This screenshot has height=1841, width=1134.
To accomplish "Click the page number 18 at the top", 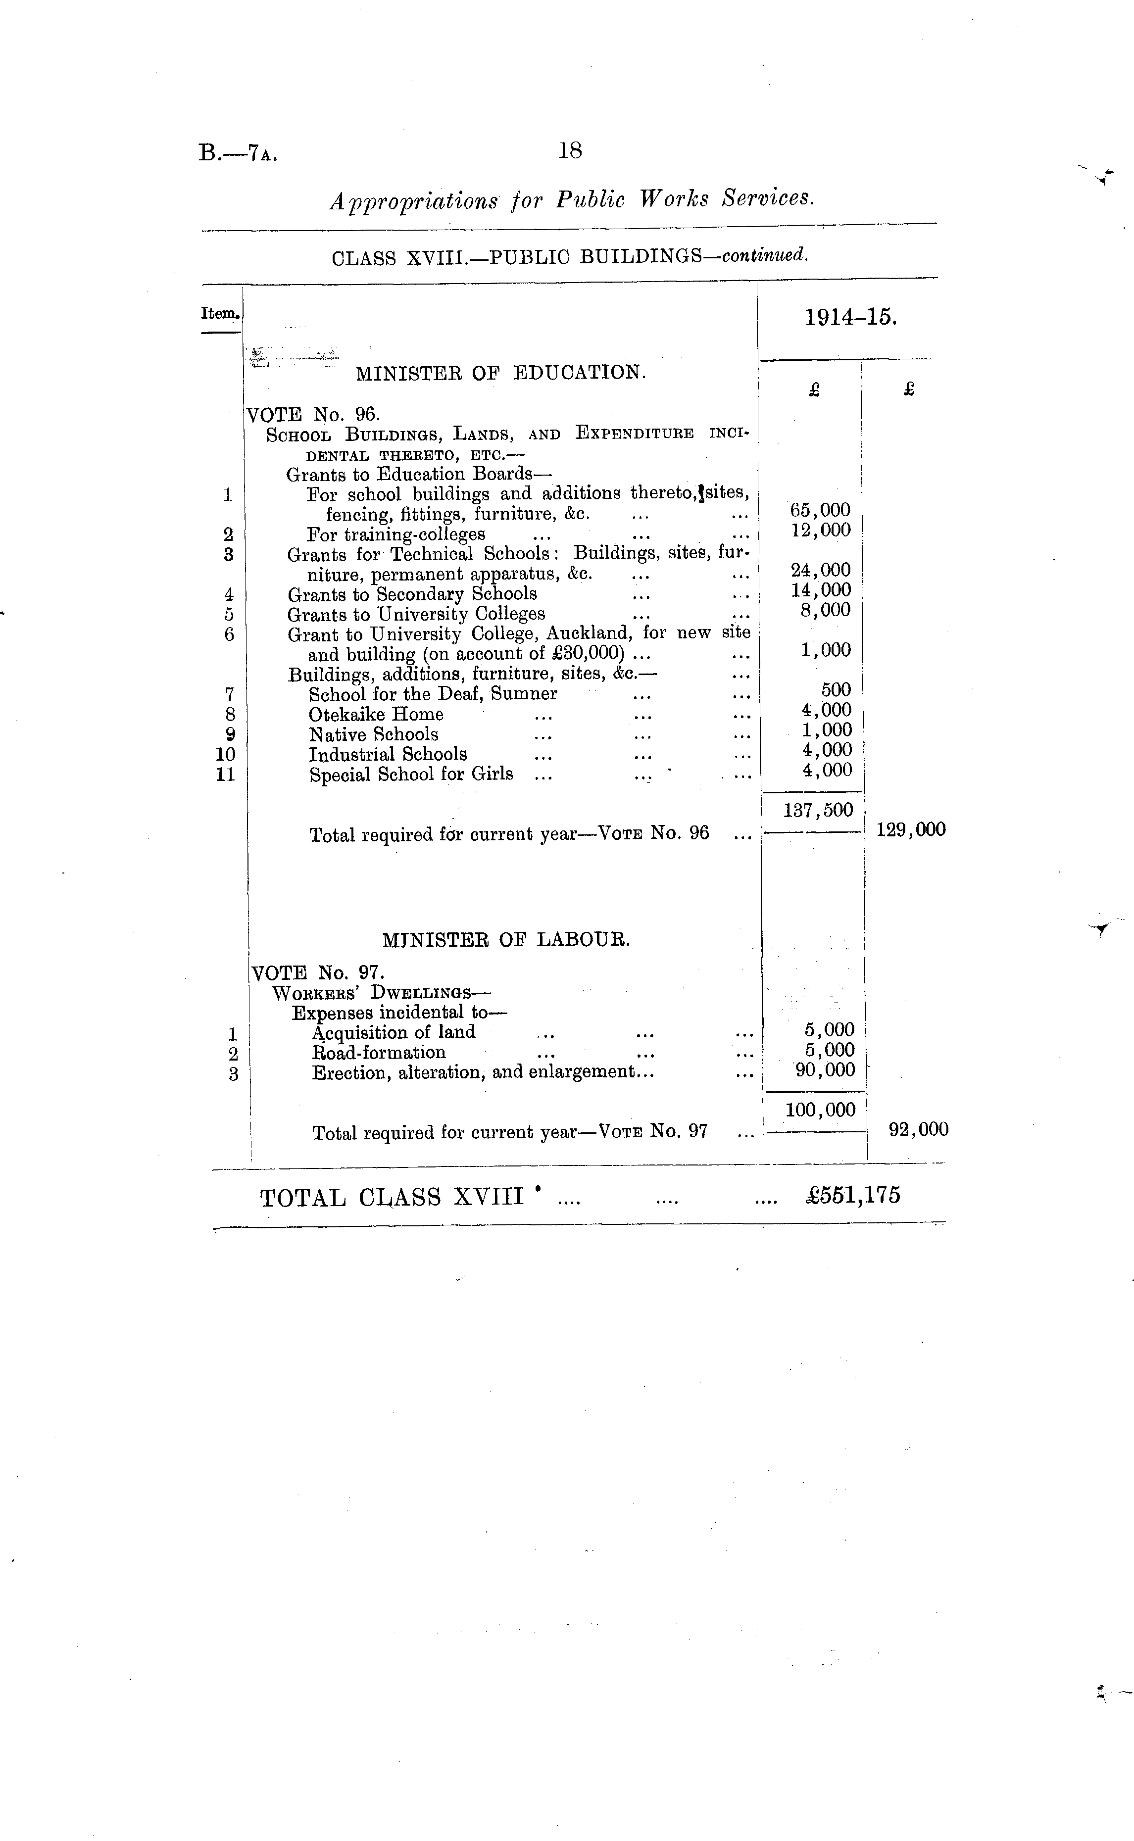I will [570, 151].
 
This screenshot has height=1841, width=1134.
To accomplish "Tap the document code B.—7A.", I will [238, 154].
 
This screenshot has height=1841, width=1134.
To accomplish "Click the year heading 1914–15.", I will [850, 317].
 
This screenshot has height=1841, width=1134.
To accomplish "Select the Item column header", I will [220, 313].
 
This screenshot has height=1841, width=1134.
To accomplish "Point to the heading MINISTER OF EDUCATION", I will [500, 373].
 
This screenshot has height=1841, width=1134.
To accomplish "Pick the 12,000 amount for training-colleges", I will [821, 530].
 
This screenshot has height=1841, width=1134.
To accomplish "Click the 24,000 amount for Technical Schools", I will [821, 570].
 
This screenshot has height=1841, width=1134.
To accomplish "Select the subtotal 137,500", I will [818, 810].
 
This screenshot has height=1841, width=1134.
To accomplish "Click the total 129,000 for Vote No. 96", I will [910, 829].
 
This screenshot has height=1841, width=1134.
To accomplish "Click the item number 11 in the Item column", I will [225, 775].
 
